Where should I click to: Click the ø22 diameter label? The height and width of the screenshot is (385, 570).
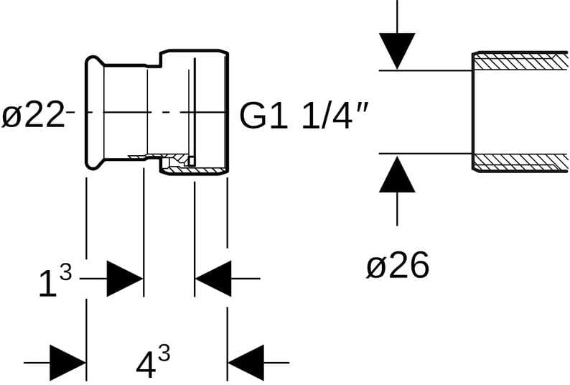(x=33, y=115)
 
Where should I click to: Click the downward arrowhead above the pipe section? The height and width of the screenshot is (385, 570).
(x=397, y=51)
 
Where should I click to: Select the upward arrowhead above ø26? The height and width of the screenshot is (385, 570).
(x=397, y=174)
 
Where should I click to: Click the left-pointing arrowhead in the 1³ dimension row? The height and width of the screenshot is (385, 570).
(x=213, y=279)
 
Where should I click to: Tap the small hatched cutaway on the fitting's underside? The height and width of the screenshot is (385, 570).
(x=176, y=163)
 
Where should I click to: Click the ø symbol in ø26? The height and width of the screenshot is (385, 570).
(x=375, y=268)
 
